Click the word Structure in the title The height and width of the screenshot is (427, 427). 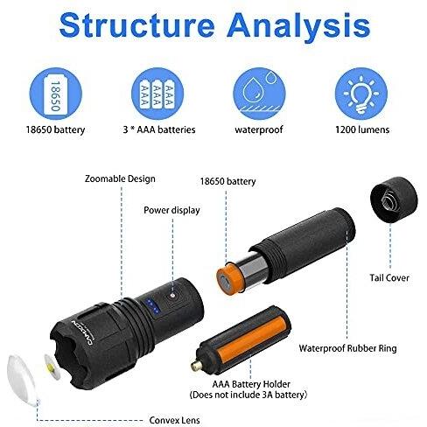(137, 24)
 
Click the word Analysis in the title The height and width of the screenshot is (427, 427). (299, 27)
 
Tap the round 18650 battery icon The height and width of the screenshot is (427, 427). (56, 94)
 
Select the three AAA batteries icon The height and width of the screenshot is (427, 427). (157, 94)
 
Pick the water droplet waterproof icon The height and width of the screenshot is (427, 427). (259, 94)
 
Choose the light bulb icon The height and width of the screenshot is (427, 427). (361, 94)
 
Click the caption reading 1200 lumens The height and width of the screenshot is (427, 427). (362, 129)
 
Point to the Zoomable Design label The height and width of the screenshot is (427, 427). (120, 178)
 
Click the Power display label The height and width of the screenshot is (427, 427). (171, 210)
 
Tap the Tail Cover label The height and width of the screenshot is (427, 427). (389, 277)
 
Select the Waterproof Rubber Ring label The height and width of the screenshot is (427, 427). (347, 348)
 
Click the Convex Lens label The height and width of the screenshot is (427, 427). (174, 420)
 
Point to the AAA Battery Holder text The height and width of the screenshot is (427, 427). (251, 384)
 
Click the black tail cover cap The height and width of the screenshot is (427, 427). (394, 199)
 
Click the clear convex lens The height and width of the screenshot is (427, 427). (23, 380)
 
